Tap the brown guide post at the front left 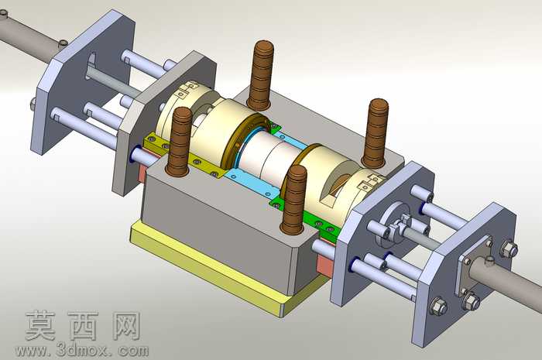[x=180, y=141]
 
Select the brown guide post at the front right [x=293, y=200]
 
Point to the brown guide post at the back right [x=375, y=133]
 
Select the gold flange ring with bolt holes [x=246, y=142]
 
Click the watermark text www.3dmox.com [x=82, y=351]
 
